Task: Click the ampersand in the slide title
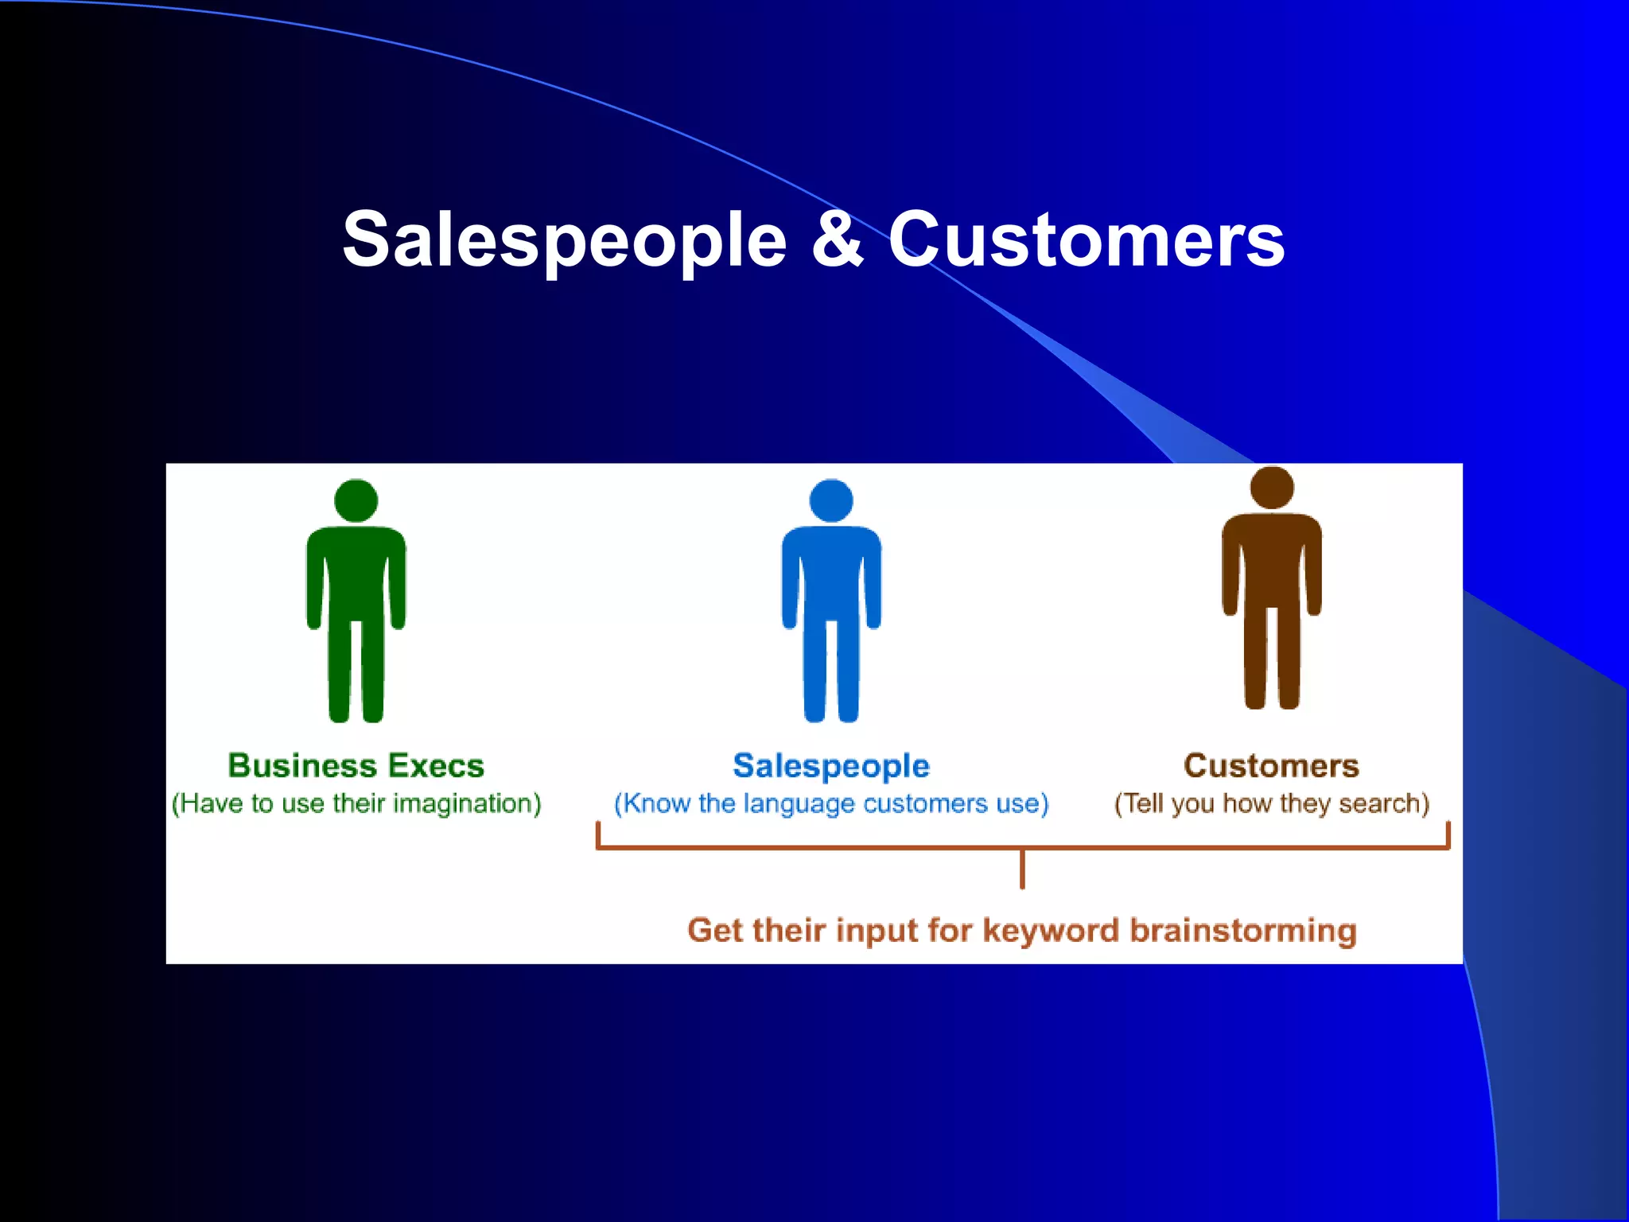838,239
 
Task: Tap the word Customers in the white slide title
1087,239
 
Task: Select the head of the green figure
356,501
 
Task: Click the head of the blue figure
831,501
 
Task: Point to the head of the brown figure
1272,488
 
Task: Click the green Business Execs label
356,765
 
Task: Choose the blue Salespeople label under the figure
831,765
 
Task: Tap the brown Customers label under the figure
1271,765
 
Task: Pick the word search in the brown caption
1383,804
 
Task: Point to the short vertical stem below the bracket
1022,869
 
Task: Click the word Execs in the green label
436,765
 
